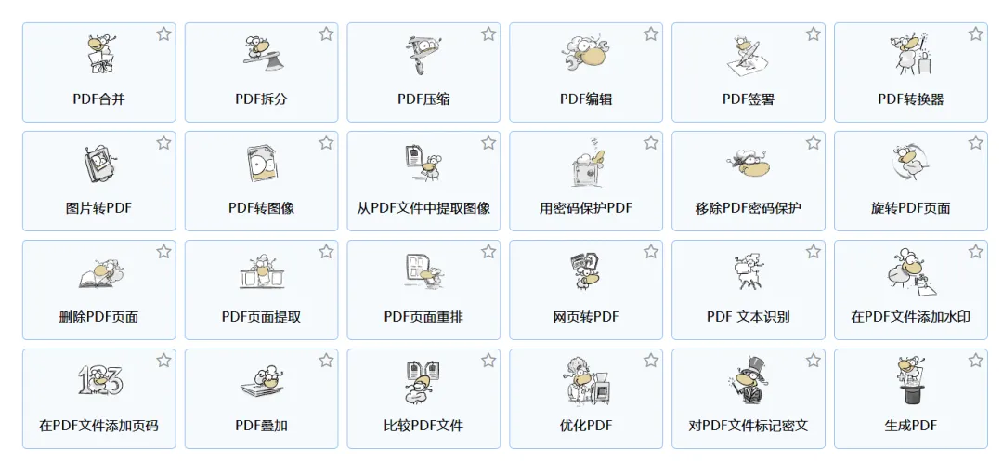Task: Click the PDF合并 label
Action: (x=98, y=99)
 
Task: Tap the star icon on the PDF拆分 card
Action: (x=326, y=34)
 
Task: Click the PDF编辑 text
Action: (x=586, y=99)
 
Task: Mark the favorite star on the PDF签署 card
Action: (x=814, y=34)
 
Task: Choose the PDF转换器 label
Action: (x=910, y=99)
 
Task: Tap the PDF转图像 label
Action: (x=261, y=207)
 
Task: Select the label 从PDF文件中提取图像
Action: (x=423, y=207)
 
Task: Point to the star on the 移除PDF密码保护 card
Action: (x=814, y=143)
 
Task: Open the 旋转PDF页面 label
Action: (x=910, y=207)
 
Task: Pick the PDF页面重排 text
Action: (x=423, y=317)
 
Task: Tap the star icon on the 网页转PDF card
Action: (x=651, y=252)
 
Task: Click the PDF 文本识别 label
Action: (x=748, y=317)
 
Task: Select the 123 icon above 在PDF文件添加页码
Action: (x=99, y=381)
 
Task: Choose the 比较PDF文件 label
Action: (x=423, y=426)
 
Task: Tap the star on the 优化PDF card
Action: (x=651, y=361)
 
